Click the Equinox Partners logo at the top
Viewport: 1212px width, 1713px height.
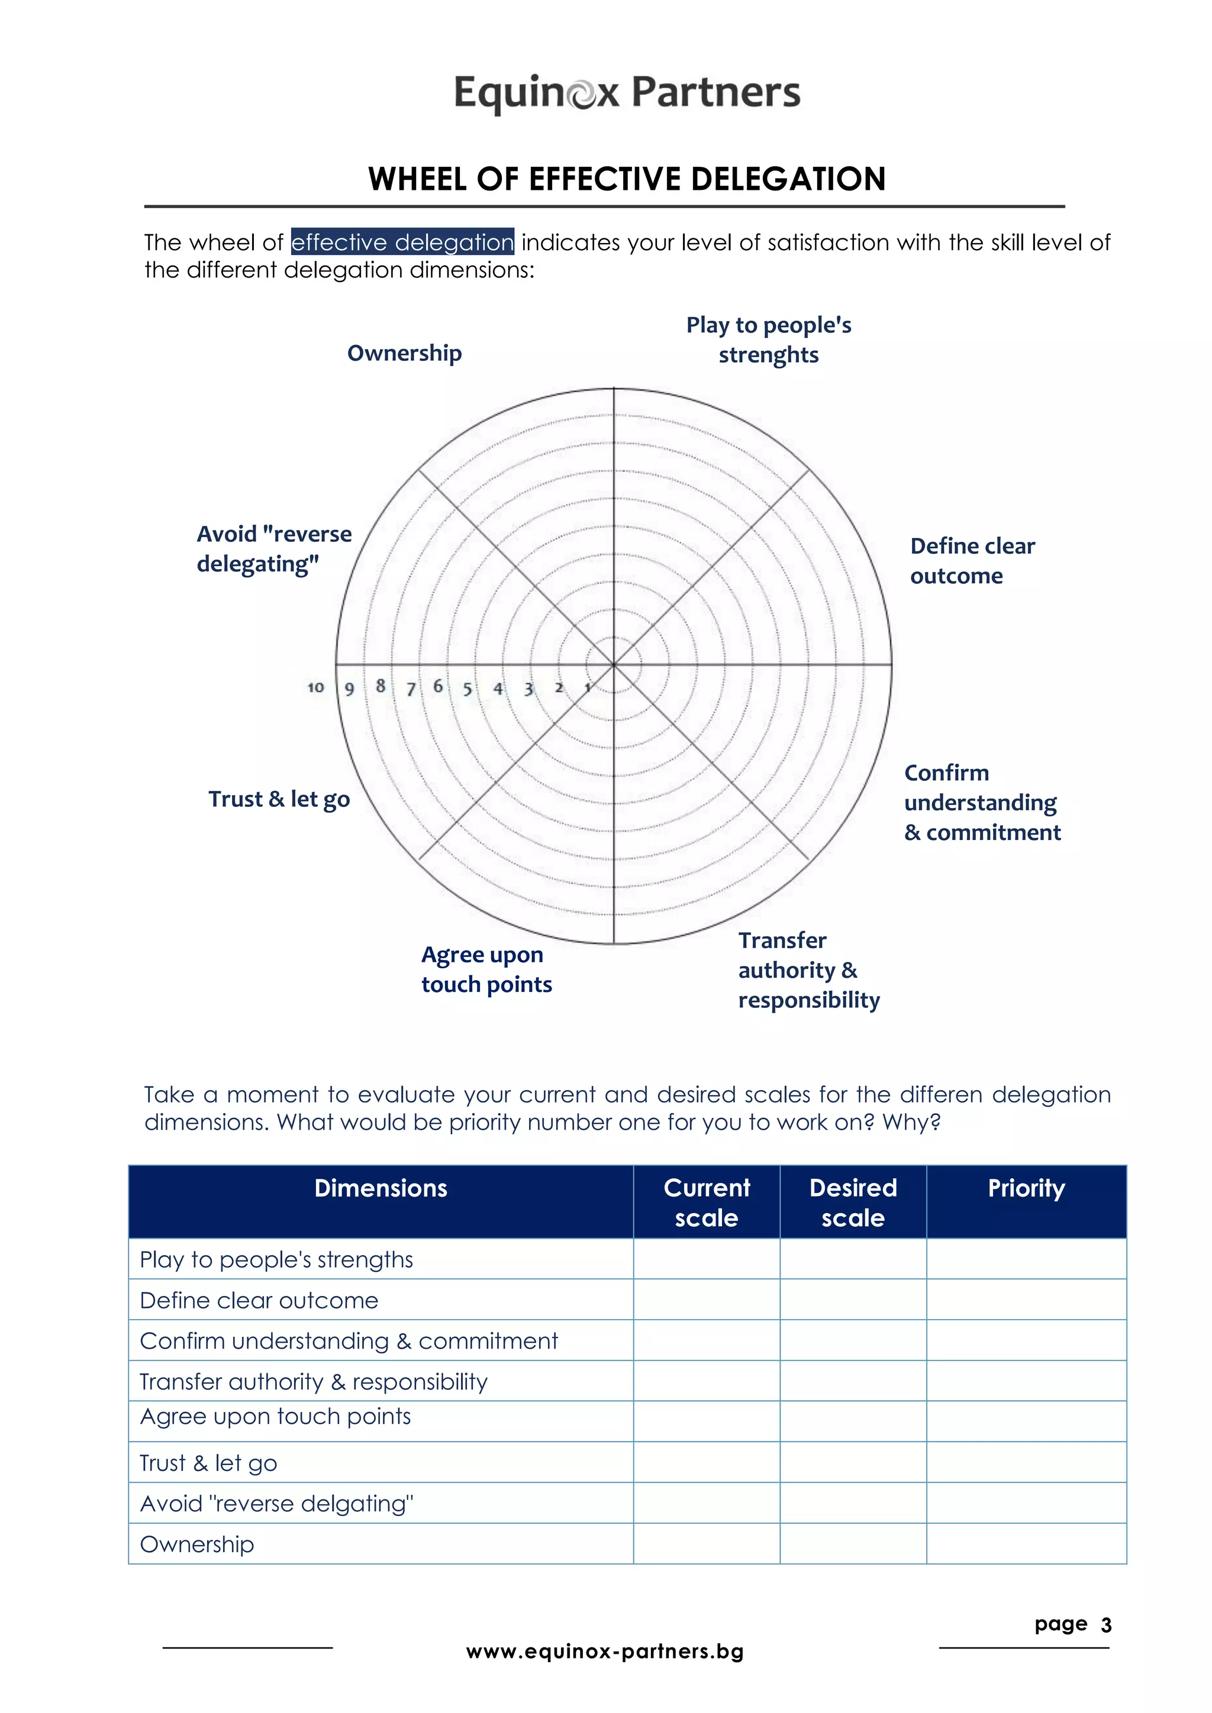[627, 93]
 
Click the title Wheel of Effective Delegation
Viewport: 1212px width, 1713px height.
[627, 179]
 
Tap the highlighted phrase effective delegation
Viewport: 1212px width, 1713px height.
[402, 243]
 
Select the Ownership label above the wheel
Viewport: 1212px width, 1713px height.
[405, 353]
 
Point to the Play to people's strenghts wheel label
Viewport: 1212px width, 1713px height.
[769, 340]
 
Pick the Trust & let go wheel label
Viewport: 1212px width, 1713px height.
[279, 799]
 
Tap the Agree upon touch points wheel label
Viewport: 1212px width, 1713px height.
[486, 969]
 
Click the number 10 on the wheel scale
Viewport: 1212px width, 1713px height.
[315, 687]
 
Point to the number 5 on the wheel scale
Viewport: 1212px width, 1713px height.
[467, 689]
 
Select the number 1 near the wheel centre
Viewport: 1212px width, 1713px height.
[587, 687]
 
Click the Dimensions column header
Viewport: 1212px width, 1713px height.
[381, 1188]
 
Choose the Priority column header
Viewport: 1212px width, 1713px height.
[1026, 1188]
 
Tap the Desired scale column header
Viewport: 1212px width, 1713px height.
[853, 1202]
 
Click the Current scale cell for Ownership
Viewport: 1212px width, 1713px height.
[706, 1544]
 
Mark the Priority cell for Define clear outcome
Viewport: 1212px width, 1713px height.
[1026, 1300]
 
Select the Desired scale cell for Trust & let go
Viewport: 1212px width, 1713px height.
[853, 1462]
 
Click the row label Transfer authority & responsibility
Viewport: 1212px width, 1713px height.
[314, 1382]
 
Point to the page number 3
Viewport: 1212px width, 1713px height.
[1106, 1625]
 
